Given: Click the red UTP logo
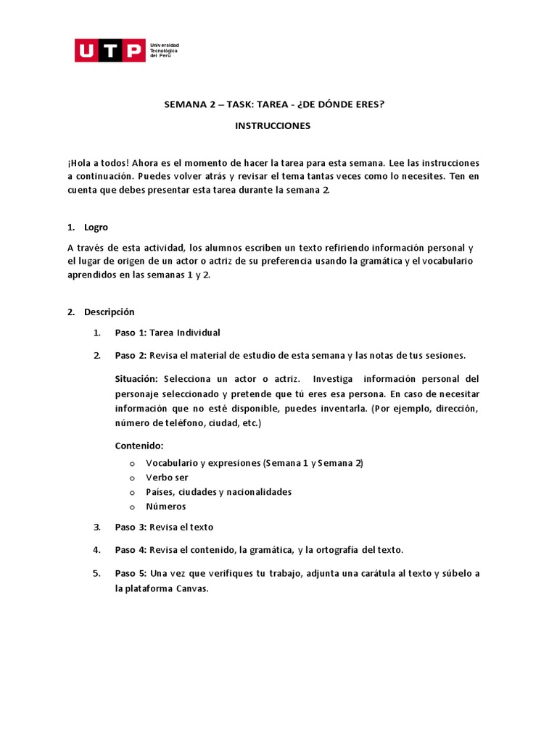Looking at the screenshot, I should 110,51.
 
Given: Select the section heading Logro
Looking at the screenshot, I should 96,227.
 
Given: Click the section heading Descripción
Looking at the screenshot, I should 110,312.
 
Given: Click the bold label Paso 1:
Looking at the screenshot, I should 131,333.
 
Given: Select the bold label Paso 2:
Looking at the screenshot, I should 131,355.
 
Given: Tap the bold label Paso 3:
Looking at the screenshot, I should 131,527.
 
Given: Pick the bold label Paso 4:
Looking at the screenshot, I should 131,550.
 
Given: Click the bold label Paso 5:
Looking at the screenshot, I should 131,573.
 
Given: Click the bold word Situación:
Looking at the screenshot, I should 136,379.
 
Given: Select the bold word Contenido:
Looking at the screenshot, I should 139,446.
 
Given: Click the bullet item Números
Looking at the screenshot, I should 166,507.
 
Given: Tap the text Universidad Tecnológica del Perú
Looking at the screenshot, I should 164,51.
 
